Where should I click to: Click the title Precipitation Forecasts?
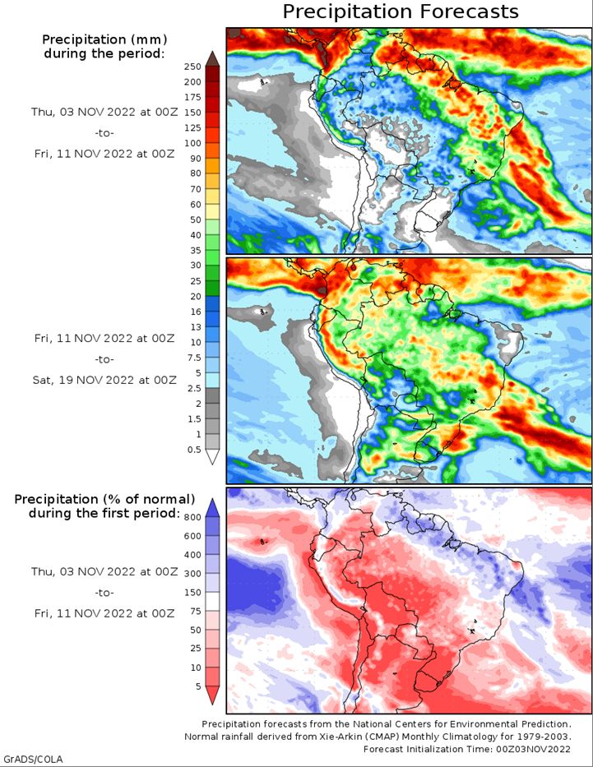click(401, 12)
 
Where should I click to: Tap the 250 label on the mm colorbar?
click(192, 67)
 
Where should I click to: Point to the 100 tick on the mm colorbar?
click(192, 143)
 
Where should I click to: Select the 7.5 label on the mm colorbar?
click(194, 358)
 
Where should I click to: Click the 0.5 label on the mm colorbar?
click(194, 450)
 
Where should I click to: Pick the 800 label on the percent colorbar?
click(192, 518)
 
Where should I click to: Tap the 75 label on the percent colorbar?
click(195, 612)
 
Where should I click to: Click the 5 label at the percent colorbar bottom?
click(198, 686)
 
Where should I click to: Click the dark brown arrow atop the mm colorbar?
click(212, 58)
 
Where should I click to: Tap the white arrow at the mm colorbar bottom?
click(212, 457)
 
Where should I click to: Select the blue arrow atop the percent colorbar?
click(212, 508)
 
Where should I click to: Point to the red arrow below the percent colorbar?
click(212, 695)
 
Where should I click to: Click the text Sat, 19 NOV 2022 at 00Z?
click(104, 380)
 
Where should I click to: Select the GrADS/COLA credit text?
click(32, 759)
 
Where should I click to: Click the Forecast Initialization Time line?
click(467, 749)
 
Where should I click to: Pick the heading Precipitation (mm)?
click(104, 39)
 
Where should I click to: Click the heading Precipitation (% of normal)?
click(104, 499)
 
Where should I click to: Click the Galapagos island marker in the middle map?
click(263, 311)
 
